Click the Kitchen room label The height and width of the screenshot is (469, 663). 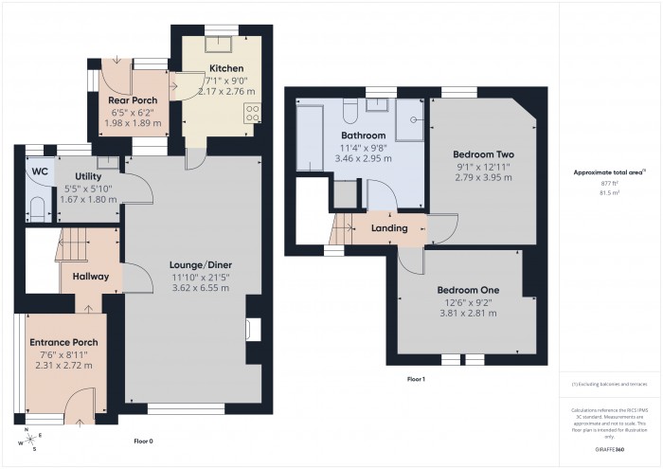pos(226,68)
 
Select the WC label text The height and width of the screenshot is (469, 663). pos(39,171)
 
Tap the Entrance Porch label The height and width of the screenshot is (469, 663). pos(63,342)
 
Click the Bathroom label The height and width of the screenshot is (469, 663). pos(364,135)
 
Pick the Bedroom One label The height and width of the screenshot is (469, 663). pos(467,290)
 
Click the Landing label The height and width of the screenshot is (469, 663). pos(388,228)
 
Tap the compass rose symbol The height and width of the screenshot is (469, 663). pos(28,439)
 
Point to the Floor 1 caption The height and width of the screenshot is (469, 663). pos(416,378)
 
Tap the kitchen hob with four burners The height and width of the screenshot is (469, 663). pos(253,114)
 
